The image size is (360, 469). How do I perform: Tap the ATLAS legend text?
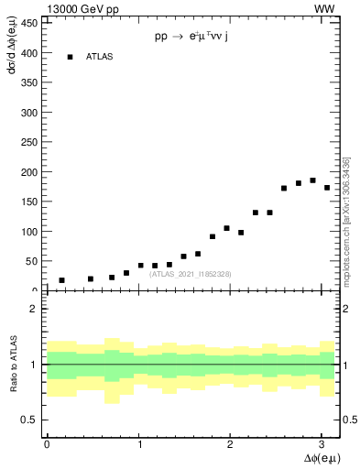point(99,57)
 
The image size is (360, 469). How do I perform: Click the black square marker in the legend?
point(70,57)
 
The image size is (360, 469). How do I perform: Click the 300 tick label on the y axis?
point(30,113)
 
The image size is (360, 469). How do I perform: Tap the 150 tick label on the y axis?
point(30,202)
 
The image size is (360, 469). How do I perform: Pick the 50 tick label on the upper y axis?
point(33,261)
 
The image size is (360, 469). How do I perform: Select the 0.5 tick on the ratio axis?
point(31,420)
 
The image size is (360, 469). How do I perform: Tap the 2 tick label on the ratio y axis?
point(35,309)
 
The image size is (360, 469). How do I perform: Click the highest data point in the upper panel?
point(312,180)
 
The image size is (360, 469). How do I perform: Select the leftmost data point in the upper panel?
point(61,280)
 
